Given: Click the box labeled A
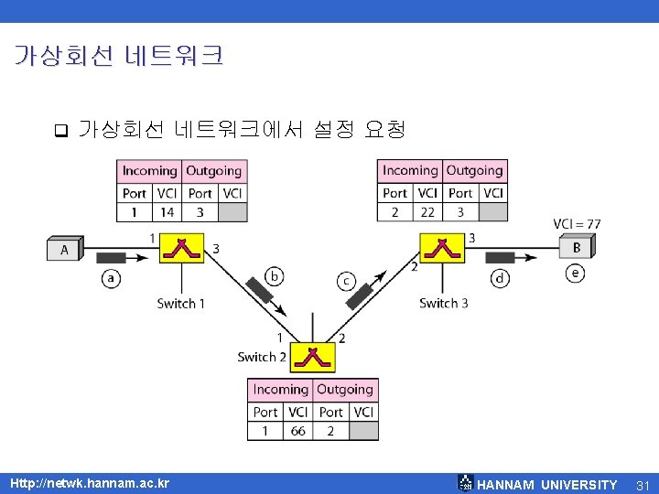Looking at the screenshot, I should (x=65, y=248).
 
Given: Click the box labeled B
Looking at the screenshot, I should (x=577, y=247).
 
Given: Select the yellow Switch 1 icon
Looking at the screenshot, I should (x=183, y=247).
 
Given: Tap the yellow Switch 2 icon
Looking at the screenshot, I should (x=313, y=357).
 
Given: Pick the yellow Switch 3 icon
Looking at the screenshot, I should (x=443, y=247).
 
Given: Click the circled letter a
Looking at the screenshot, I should (x=111, y=278).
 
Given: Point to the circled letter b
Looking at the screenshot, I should (x=274, y=275).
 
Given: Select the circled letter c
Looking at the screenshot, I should (x=347, y=281).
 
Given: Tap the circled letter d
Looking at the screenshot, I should (x=500, y=278).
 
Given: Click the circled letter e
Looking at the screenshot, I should (x=576, y=273).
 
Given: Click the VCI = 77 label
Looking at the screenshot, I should (x=577, y=224).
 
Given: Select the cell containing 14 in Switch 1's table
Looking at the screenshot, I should (x=167, y=212).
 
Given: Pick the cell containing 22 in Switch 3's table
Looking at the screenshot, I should (x=427, y=212).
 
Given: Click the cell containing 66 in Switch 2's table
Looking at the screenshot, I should (x=297, y=431).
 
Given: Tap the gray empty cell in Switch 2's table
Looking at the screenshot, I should (x=363, y=431).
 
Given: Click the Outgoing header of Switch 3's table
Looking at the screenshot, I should (x=474, y=170).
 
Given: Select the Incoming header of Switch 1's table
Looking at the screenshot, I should (x=149, y=170).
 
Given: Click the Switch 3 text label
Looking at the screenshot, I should (x=443, y=303).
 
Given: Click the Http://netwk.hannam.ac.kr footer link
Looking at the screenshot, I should (x=89, y=483).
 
